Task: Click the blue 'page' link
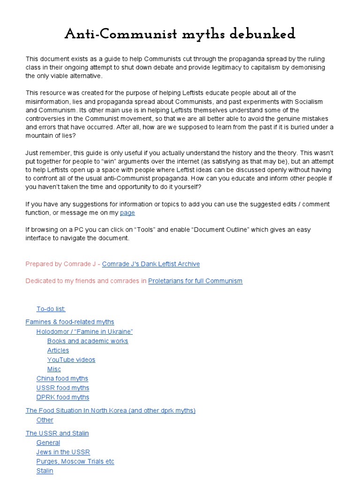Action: coord(127,213)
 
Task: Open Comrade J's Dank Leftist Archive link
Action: coord(151,264)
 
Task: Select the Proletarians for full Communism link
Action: coord(195,281)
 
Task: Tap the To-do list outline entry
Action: coord(51,309)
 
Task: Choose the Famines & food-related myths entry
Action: coord(70,322)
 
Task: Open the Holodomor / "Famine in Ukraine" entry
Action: coord(85,331)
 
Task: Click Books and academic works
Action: coord(88,341)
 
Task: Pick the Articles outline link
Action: coord(58,350)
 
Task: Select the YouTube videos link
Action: coord(71,360)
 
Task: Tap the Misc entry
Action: coord(54,369)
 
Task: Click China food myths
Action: coord(62,378)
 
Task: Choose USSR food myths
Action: coord(63,388)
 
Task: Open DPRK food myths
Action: coord(63,397)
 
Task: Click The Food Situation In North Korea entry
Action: coord(111,411)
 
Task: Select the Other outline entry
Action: coord(45,420)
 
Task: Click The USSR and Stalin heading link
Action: coord(57,433)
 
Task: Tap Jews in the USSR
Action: coord(63,452)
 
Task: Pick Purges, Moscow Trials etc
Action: coord(75,461)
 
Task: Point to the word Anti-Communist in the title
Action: coord(117,34)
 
